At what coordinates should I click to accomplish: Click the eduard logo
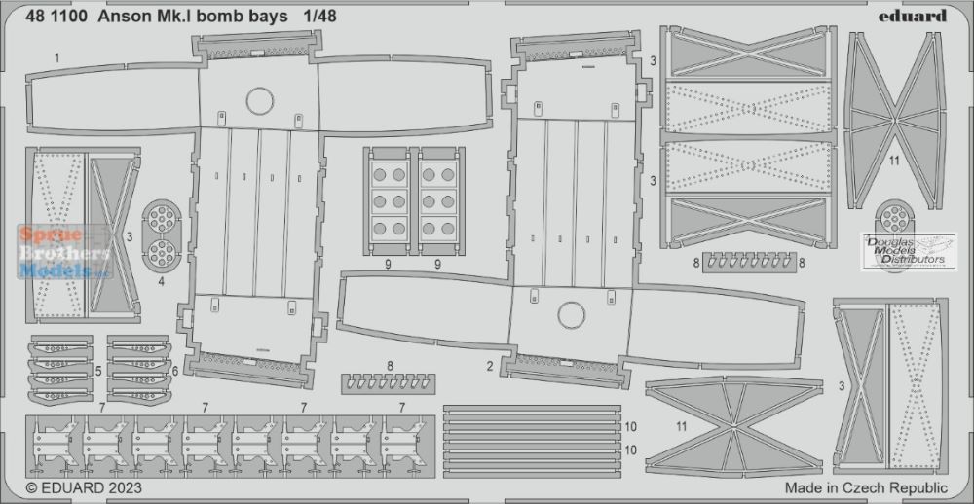point(912,16)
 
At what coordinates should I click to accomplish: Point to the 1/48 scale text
point(320,17)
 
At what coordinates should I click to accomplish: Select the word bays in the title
point(272,17)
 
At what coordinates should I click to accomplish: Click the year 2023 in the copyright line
point(125,487)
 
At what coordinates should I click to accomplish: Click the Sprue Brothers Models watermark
point(64,252)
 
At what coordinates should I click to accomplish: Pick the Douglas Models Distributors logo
point(909,251)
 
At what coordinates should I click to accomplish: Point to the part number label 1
point(56,59)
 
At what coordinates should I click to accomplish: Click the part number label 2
point(490,366)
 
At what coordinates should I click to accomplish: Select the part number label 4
point(161,282)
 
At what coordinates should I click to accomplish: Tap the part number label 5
point(98,371)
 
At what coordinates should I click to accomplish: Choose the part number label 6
point(175,371)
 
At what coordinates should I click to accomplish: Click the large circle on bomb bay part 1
point(260,101)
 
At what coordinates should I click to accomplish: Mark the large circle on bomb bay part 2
point(572,315)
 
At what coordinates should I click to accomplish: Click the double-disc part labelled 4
point(162,236)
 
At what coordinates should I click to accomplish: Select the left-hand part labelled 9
point(387,201)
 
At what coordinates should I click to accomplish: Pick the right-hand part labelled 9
point(438,201)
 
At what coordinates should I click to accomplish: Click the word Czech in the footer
point(870,487)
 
